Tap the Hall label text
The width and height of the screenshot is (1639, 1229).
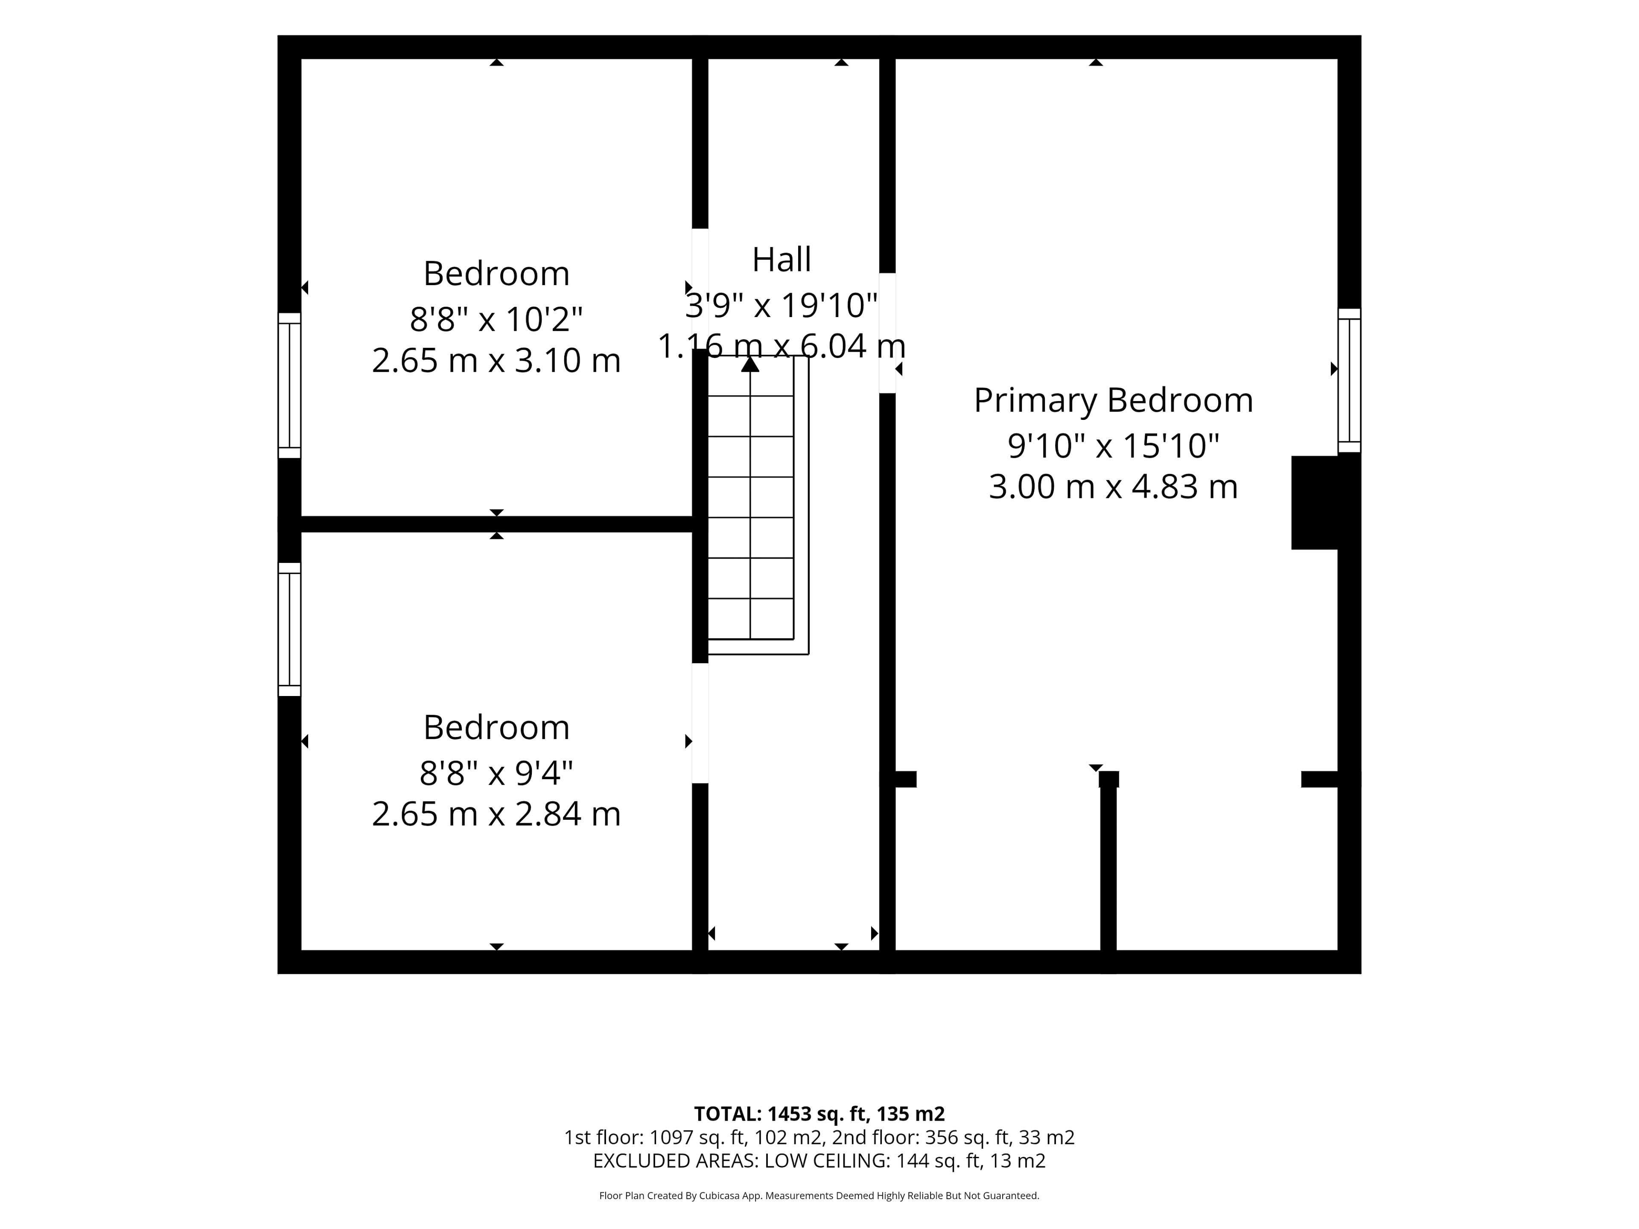(782, 260)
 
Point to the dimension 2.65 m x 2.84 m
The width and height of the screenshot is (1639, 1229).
(496, 814)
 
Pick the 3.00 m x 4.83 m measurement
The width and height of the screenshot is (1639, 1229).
(1113, 487)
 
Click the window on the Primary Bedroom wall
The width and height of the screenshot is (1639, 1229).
(1349, 380)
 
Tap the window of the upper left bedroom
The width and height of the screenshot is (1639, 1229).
(290, 385)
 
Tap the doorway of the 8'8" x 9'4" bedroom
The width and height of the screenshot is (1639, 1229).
(700, 723)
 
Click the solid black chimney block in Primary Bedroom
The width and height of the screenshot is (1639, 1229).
(1315, 502)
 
